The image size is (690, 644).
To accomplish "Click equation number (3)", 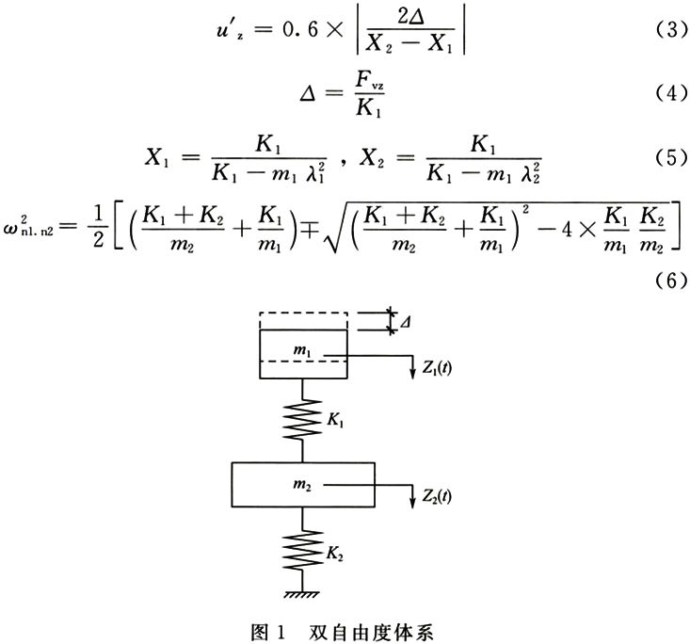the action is pos(671,30).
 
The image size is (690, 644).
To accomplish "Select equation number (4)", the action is pos(671,93).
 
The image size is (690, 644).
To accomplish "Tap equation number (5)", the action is pos(671,157).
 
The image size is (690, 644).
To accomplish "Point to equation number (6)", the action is pos(671,280).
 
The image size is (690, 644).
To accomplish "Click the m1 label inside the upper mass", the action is pos(302,351).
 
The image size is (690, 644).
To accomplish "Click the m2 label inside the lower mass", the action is pos(302,485).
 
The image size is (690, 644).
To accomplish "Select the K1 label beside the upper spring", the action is pos(335,420).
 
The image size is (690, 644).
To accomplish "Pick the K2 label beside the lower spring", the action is pos(334,555).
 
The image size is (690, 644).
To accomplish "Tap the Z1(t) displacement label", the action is pos(437,368).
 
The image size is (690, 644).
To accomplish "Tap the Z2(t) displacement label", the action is pos(437,496).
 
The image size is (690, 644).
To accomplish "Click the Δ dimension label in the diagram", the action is pos(406,322).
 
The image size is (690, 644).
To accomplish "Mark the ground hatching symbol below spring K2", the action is pos(302,594).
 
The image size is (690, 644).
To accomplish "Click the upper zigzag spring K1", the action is pos(302,419).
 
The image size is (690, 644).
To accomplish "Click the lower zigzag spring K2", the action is pos(302,550).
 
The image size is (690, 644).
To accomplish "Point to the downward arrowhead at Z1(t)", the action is pos(412,373).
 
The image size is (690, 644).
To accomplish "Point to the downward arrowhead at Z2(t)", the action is pos(412,503).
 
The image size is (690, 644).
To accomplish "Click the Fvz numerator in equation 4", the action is pos(370,81).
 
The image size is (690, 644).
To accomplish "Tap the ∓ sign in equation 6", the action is pos(310,231).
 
